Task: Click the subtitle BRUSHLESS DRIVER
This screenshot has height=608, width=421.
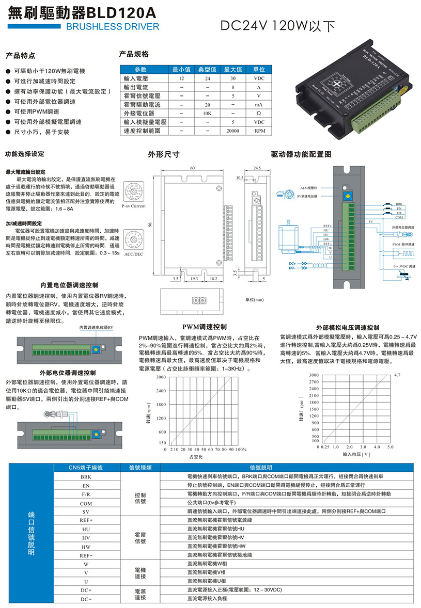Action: click(113, 26)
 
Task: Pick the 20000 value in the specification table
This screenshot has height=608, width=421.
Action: click(233, 131)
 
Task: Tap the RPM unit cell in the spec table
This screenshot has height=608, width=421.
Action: click(259, 131)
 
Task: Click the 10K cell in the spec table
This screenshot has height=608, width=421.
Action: click(207, 113)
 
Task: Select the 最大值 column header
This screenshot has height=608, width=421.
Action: click(233, 69)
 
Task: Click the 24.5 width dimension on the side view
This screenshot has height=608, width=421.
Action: click(257, 168)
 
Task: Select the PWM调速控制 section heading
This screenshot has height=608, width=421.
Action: click(205, 327)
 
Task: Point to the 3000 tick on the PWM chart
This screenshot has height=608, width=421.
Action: click(161, 377)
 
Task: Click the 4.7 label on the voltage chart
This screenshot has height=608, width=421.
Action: click(396, 375)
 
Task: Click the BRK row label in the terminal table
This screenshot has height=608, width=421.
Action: click(86, 477)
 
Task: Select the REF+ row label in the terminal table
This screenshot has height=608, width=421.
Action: click(86, 521)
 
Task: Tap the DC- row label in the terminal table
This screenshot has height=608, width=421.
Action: click(86, 599)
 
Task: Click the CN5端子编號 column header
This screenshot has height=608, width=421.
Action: click(86, 468)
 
